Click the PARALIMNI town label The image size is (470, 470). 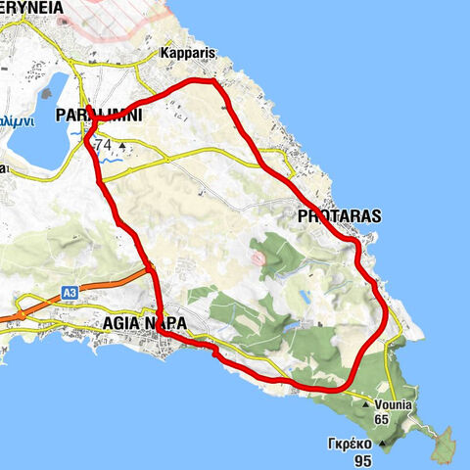click(99, 116)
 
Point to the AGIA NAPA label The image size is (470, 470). click(151, 322)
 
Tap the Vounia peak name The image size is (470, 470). click(393, 404)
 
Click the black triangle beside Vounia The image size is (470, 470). click(366, 403)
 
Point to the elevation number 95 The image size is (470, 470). click(362, 461)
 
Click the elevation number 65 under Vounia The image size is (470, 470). click(383, 419)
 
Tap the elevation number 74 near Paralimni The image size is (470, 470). click(104, 146)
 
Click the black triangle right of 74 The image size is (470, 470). click(121, 146)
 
